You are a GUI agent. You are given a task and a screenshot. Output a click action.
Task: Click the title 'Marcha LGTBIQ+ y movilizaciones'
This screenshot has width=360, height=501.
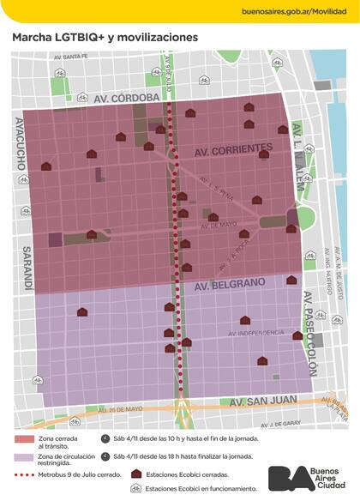104,38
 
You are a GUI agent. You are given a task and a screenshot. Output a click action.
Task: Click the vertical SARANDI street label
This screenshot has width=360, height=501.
20,267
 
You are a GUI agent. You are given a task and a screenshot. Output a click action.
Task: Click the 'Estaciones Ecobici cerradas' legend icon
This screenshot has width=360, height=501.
135,474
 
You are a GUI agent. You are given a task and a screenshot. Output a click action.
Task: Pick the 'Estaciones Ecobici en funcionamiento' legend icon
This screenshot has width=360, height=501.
135,489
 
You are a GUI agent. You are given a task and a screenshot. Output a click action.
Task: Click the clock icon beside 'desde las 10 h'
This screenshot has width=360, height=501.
104,439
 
